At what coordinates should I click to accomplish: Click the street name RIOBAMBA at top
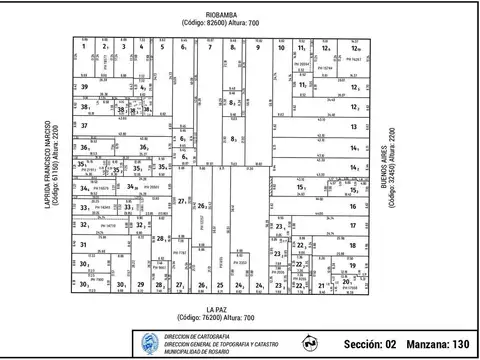[221, 13]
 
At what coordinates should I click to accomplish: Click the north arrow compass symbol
[311, 343]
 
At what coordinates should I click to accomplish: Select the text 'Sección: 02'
[364, 343]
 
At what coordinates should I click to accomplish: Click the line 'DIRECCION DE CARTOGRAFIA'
[197, 335]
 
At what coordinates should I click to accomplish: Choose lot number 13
[354, 127]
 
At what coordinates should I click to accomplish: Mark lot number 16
[354, 207]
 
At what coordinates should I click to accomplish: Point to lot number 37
[85, 126]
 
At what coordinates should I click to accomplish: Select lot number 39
[85, 88]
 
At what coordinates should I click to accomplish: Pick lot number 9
[257, 47]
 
